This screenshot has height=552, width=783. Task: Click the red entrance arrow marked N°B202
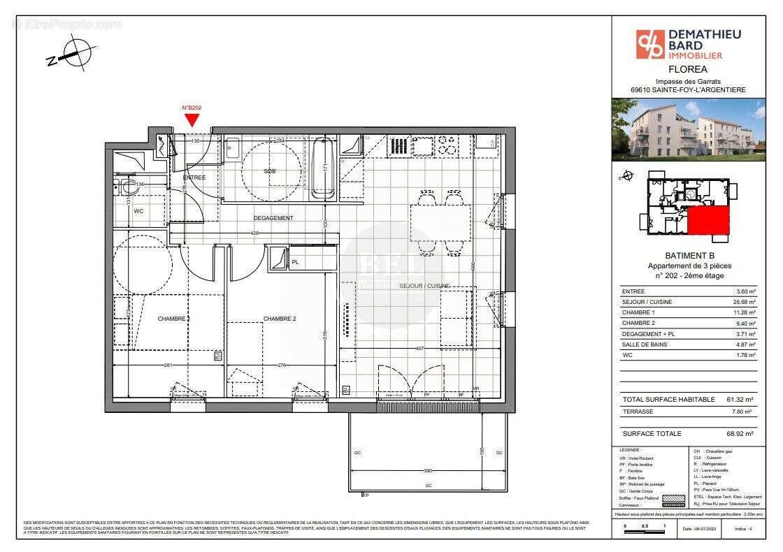pyautogui.click(x=192, y=119)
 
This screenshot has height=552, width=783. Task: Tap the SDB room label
pyautogui.click(x=269, y=171)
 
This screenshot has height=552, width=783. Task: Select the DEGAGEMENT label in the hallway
pyautogui.click(x=273, y=218)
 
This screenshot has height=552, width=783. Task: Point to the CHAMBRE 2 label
pyautogui.click(x=280, y=319)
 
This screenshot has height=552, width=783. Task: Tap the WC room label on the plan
pyautogui.click(x=138, y=210)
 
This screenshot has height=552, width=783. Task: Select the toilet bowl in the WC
pyautogui.click(x=128, y=187)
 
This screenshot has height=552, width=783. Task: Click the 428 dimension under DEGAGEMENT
pyautogui.click(x=255, y=233)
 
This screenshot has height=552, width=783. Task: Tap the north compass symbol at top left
pyautogui.click(x=72, y=53)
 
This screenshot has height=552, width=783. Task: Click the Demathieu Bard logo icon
pyautogui.click(x=648, y=44)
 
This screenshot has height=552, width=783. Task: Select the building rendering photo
pyautogui.click(x=689, y=130)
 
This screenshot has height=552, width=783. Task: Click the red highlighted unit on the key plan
pyautogui.click(x=708, y=221)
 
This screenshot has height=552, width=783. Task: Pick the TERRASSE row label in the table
pyautogui.click(x=638, y=412)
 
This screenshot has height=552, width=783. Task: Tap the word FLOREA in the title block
pyautogui.click(x=688, y=69)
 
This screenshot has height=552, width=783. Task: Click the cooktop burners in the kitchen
pyautogui.click(x=447, y=145)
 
